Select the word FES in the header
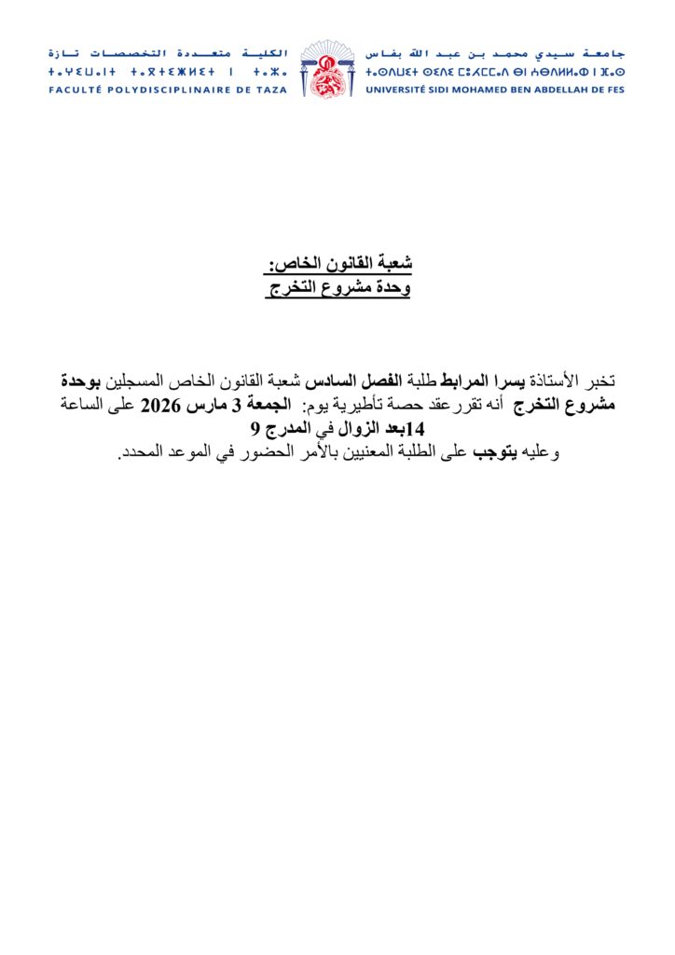click(614, 90)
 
